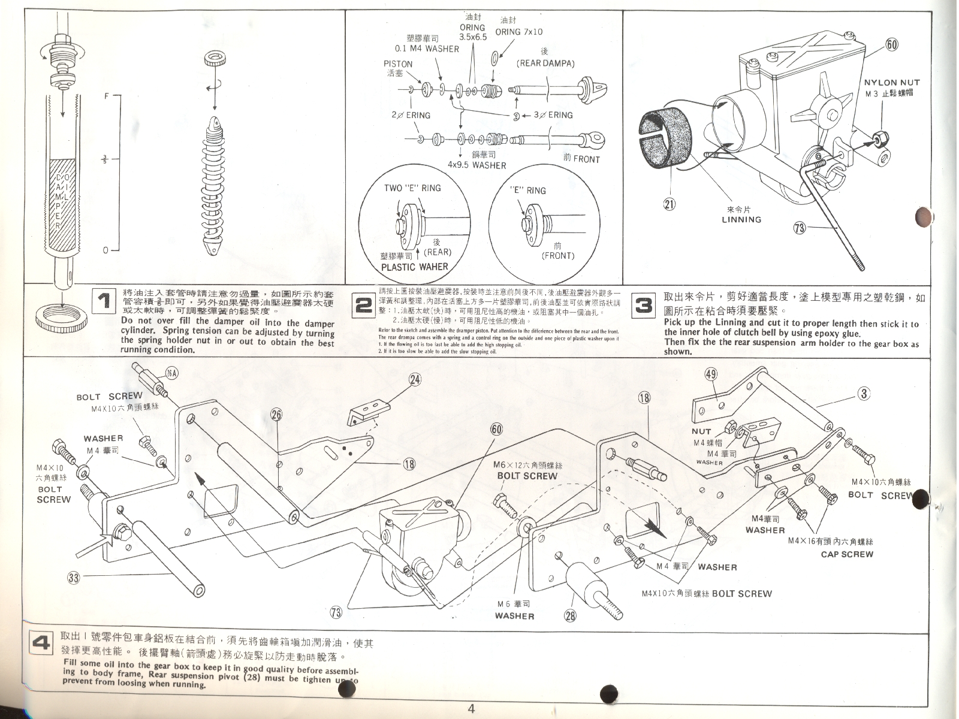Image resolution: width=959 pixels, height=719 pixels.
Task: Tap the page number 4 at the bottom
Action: coord(471,709)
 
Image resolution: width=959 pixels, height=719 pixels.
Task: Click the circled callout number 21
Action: coord(670,204)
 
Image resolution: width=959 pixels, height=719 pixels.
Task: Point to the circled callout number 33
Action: coord(73,578)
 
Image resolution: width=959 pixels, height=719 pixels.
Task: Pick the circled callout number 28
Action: coord(571,615)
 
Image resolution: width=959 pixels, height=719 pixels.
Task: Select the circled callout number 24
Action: coord(415,379)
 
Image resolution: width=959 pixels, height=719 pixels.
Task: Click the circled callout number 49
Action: coord(711,374)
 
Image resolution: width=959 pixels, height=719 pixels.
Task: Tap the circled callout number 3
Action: coord(863,394)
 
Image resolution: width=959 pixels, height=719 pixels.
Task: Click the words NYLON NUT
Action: coord(891,83)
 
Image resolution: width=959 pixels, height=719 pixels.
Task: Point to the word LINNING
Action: coord(741,219)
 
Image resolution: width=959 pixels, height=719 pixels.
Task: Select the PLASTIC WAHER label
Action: coord(414,267)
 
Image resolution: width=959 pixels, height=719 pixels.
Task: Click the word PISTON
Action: coord(398,64)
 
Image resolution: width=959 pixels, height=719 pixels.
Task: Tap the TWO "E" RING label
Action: coord(412,188)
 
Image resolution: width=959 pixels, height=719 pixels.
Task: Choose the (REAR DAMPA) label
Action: coord(545,63)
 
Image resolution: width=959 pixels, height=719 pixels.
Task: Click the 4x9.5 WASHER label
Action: coord(477,165)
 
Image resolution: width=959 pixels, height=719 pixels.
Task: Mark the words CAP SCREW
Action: coord(847,554)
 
